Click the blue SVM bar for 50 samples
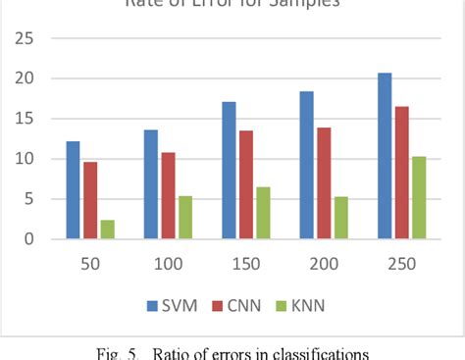click(x=74, y=190)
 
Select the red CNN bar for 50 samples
click(x=90, y=200)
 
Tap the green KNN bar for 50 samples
click(x=107, y=230)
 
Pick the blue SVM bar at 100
click(x=151, y=184)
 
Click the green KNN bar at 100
click(x=184, y=218)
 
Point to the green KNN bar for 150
click(x=263, y=213)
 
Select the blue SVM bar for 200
click(x=307, y=165)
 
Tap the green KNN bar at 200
click(x=340, y=218)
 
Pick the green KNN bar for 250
click(x=419, y=197)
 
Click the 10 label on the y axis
click(x=22, y=159)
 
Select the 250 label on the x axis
click(x=402, y=264)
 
